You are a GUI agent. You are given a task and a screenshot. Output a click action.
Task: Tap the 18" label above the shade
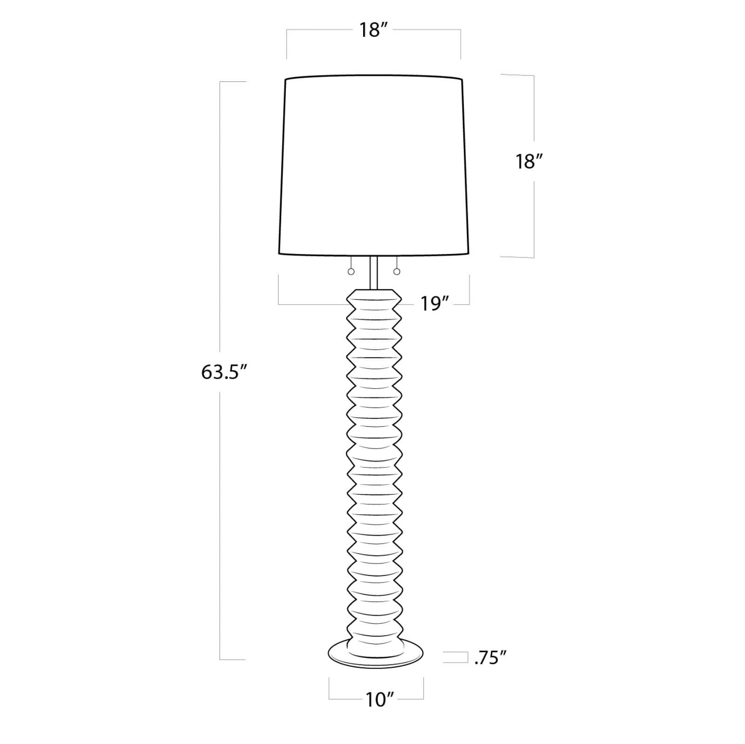373,30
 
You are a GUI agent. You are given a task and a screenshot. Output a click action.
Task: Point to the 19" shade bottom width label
434,304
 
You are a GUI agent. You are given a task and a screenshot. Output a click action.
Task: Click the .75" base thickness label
490,658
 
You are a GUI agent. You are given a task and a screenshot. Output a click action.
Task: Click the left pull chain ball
351,272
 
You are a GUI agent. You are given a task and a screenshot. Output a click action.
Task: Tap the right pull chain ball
397,271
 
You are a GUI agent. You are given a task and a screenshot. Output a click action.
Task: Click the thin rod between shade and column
374,273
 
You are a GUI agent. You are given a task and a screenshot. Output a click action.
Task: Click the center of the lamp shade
374,165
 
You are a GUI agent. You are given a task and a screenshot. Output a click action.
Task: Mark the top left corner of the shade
285,80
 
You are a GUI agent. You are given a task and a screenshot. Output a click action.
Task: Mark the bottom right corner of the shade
468,254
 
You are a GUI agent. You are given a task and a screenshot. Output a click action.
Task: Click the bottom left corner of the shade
279,254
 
